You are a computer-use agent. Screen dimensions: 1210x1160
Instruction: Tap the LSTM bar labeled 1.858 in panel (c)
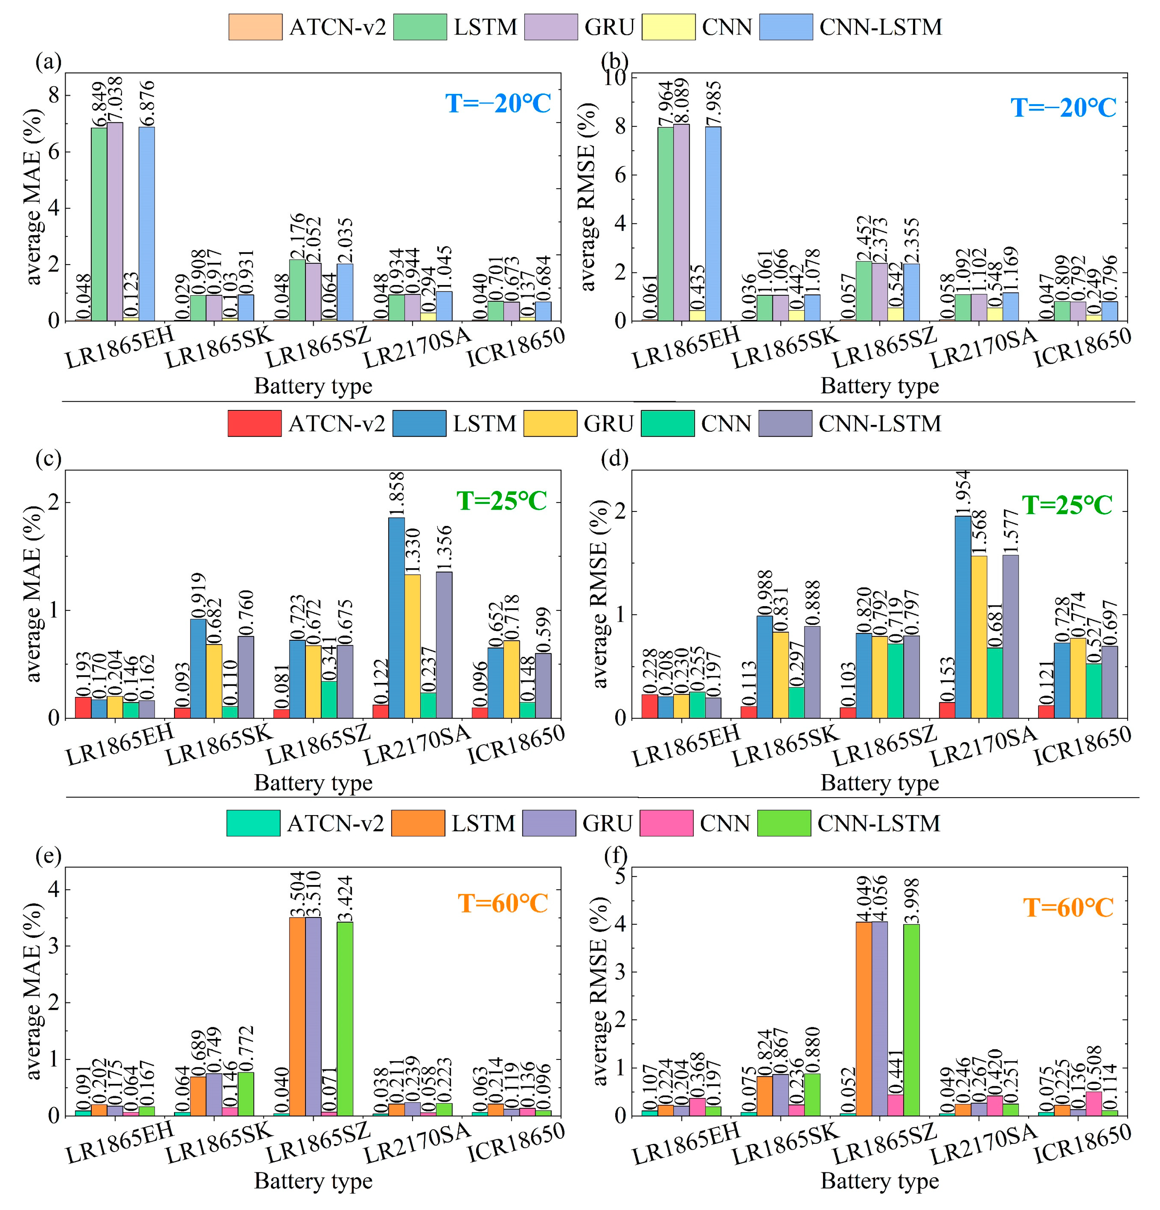tap(396, 617)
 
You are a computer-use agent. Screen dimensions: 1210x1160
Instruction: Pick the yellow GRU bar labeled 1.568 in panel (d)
tap(978, 637)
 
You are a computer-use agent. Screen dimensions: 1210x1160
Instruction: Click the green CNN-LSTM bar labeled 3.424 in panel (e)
tap(345, 1018)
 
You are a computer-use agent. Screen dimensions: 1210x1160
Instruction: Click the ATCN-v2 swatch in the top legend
tap(255, 27)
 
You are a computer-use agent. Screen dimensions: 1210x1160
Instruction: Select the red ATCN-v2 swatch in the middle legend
tap(254, 423)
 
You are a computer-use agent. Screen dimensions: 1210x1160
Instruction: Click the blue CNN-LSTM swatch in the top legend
tap(786, 27)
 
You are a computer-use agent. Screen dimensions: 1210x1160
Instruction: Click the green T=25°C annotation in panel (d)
tap(1067, 505)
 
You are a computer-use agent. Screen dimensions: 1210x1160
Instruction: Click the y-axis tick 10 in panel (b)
tap(617, 78)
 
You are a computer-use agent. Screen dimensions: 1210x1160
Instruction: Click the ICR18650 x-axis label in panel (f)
tap(1082, 1142)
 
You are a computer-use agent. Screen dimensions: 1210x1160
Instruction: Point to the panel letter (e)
tap(49, 856)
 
